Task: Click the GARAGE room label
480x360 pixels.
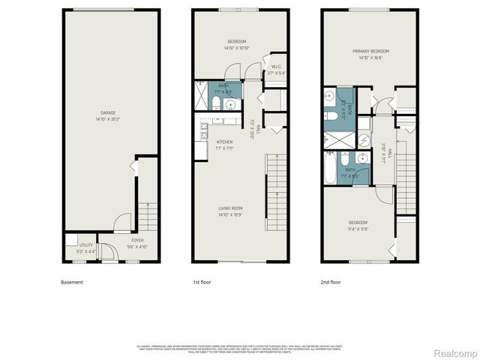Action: tap(108, 113)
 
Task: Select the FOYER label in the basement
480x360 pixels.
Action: tap(127, 241)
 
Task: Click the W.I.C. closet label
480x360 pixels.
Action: tap(276, 67)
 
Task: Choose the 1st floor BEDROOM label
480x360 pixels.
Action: tap(237, 41)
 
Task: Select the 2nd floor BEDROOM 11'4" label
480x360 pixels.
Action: tap(357, 223)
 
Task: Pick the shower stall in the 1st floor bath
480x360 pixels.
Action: tap(202, 96)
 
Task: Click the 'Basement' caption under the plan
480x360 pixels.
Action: tap(72, 282)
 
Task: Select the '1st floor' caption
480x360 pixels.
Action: tap(200, 282)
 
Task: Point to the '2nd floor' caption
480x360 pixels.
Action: tap(330, 282)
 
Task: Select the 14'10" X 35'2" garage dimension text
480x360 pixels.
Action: tap(108, 119)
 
